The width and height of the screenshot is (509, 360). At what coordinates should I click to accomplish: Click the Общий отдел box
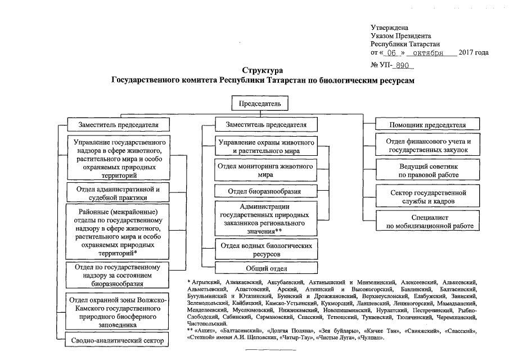click(x=266, y=268)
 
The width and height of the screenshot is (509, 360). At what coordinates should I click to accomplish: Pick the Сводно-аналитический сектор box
click(x=118, y=340)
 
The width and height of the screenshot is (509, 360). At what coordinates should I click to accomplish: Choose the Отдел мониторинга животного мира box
click(x=265, y=170)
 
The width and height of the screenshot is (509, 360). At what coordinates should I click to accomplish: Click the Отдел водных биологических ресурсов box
click(x=266, y=249)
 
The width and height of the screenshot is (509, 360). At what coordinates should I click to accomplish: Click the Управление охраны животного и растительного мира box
click(x=265, y=146)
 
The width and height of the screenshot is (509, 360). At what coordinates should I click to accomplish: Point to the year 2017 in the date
click(x=466, y=53)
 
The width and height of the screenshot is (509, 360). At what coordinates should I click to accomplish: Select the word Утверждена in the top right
click(x=389, y=28)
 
